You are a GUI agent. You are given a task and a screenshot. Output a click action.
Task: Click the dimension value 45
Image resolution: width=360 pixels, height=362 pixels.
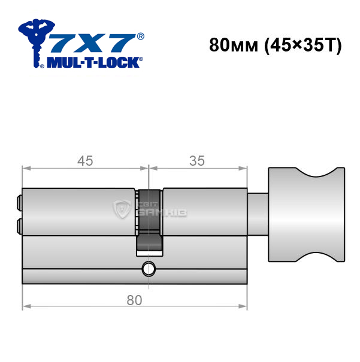tap(85, 161)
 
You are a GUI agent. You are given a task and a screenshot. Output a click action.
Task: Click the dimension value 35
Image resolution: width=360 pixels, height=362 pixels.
tap(197, 161)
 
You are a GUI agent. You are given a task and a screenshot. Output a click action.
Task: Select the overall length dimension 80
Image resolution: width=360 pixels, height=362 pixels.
tap(134, 300)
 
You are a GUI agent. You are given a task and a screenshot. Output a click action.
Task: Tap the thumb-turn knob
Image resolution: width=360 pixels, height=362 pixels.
tap(307, 214)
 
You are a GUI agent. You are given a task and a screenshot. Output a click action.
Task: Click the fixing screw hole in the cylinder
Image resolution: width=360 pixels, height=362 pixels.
tap(149, 269)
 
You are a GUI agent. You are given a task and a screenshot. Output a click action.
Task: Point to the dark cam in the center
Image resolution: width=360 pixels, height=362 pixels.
tap(149, 220)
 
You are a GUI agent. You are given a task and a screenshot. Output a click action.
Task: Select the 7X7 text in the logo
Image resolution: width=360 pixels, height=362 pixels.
tap(93, 43)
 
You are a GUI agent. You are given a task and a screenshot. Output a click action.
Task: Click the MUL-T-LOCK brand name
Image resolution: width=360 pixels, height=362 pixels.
tap(93, 63)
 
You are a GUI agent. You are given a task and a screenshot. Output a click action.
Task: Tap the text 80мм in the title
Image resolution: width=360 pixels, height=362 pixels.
tap(234, 45)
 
